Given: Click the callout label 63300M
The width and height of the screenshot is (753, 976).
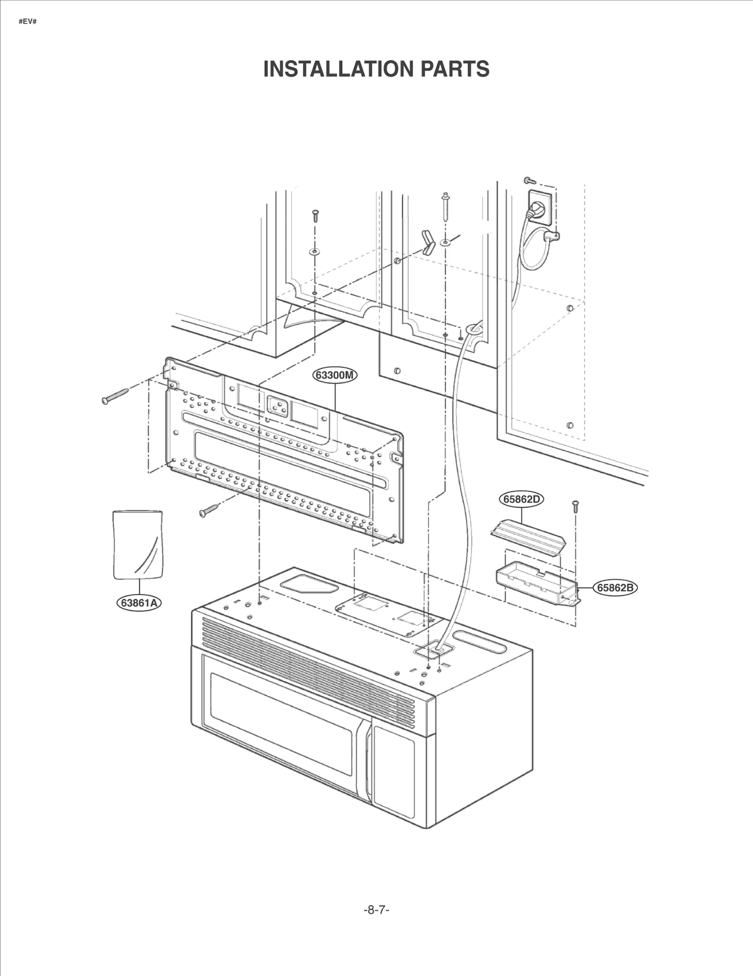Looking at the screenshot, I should (x=335, y=375).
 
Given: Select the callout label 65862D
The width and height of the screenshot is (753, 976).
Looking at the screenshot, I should (x=521, y=499).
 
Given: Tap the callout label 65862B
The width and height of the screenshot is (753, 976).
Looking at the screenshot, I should (x=615, y=588).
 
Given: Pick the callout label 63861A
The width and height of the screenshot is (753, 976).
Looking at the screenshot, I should (x=139, y=603).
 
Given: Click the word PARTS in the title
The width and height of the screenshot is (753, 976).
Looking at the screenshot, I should (x=455, y=69).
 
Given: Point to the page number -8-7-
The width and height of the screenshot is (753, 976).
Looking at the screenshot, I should (x=376, y=910).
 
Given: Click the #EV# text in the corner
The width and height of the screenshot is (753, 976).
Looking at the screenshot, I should (x=28, y=22).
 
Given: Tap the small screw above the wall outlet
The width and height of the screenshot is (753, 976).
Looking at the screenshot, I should (x=529, y=180).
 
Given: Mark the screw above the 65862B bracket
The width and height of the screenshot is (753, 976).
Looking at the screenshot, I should (x=575, y=506).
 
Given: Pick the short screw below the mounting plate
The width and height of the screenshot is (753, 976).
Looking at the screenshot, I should (x=208, y=510).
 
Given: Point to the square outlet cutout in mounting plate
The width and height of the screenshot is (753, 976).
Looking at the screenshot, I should (x=277, y=406).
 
